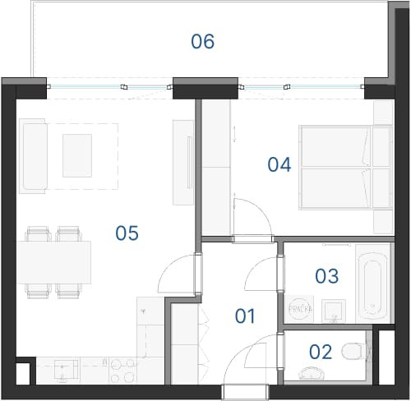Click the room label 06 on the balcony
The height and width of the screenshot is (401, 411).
tap(203, 42)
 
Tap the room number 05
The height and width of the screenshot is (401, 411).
tap(127, 233)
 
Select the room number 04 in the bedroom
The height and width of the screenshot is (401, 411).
tap(279, 164)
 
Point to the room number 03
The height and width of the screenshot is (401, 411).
tap(326, 276)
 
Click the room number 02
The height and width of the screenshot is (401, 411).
tap(321, 352)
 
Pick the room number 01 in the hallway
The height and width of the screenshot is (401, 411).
tap(245, 316)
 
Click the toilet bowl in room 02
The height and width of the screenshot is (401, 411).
tap(353, 352)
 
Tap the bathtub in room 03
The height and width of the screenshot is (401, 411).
tap(372, 283)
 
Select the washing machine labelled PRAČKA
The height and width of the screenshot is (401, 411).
tap(300, 309)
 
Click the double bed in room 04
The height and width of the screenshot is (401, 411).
tap(346, 168)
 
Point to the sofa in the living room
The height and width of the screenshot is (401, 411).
tap(34, 156)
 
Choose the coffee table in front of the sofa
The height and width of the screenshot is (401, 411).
tap(77, 155)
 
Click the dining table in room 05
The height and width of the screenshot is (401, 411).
tap(54, 262)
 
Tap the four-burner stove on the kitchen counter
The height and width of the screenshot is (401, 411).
tap(122, 371)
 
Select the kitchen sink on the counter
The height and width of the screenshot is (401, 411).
tap(67, 371)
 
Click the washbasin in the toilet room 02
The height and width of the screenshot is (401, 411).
tap(312, 373)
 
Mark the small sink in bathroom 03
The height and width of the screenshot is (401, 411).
tap(334, 311)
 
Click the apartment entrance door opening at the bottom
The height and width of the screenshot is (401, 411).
tap(245, 392)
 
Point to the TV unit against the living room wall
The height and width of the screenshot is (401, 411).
tap(183, 162)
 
